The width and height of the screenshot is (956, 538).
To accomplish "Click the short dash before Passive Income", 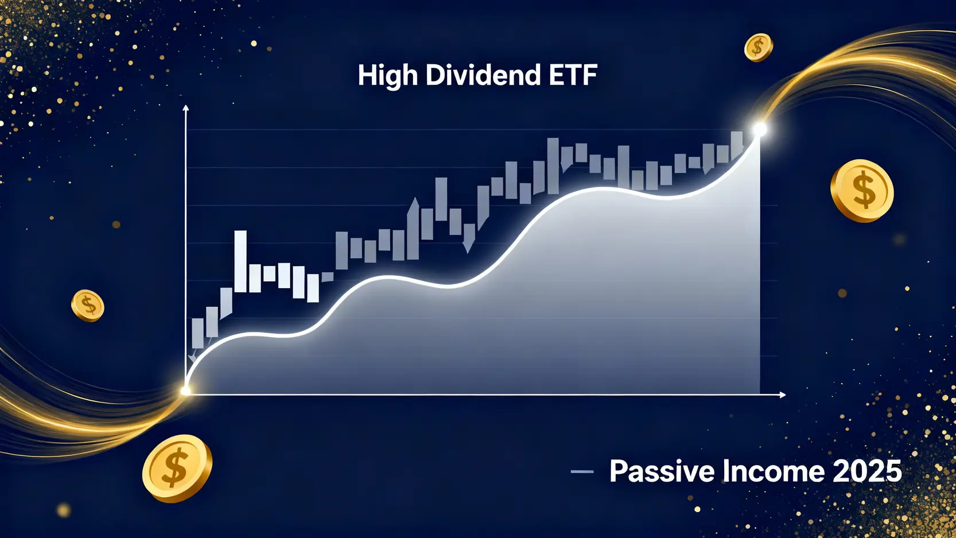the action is coord(582,472).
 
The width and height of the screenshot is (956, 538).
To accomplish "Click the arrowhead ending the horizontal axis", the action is coord(782,395).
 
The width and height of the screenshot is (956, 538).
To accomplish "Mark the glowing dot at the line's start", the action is coord(185,390).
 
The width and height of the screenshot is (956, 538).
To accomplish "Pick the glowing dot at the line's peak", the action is coord(760,129).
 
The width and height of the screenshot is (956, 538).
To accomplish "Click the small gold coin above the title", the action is coord(759,48).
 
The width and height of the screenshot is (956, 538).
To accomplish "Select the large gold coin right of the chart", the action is coord(862,191).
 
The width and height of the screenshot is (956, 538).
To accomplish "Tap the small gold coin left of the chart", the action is coord(87,305).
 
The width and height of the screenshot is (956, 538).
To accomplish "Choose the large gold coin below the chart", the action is coord(177,469).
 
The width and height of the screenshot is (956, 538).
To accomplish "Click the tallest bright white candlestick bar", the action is coord(240,261).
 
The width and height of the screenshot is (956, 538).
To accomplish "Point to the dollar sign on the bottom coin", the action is coord(176,467).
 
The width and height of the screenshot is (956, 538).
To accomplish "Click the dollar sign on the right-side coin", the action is coord(864,189).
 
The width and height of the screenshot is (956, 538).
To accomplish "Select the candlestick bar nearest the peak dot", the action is coord(737,146).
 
